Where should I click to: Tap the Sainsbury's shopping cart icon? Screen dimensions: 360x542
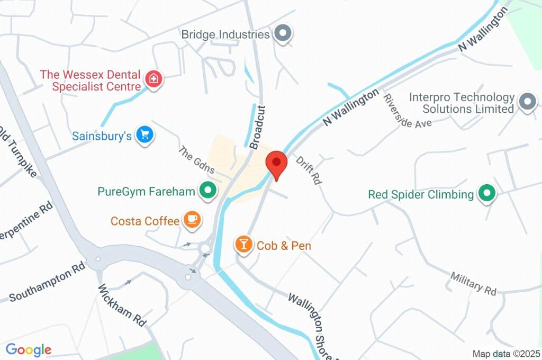pyautogui.click(x=144, y=136)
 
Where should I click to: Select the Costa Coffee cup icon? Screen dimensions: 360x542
pyautogui.click(x=192, y=220)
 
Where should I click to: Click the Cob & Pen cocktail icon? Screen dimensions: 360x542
pyautogui.click(x=243, y=245)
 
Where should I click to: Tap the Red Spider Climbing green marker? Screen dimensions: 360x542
pyautogui.click(x=486, y=194)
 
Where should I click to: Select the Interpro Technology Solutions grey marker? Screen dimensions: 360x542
pyautogui.click(x=527, y=102)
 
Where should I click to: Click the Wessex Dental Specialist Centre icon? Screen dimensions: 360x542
pyautogui.click(x=153, y=79)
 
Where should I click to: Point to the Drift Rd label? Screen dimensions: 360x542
pyautogui.click(x=309, y=170)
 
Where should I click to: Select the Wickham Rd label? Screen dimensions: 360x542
pyautogui.click(x=122, y=308)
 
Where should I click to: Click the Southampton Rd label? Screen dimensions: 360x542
pyautogui.click(x=47, y=283)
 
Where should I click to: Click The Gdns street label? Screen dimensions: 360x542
pyautogui.click(x=196, y=160)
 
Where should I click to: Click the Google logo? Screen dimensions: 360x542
pyautogui.click(x=29, y=349)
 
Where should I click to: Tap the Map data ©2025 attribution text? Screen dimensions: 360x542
pyautogui.click(x=506, y=354)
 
